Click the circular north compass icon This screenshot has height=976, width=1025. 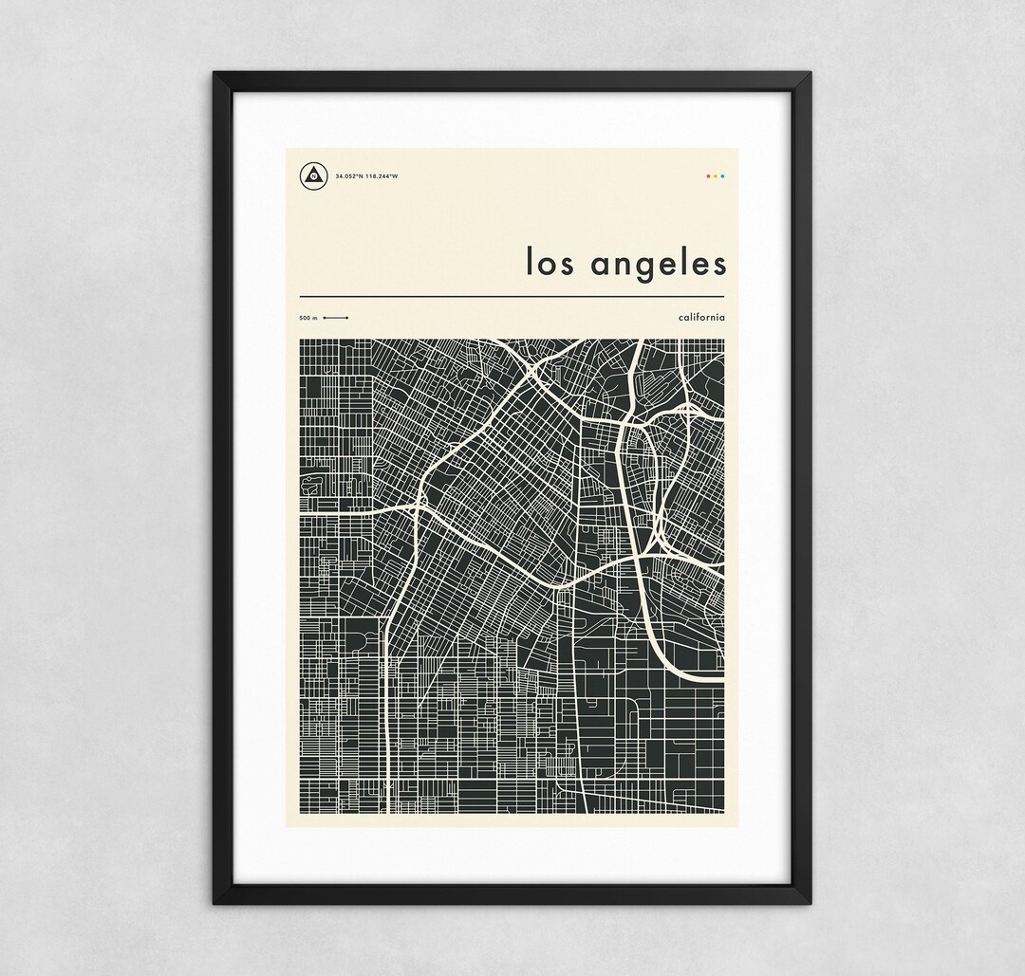pos(312,175)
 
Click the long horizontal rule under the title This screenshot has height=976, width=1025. pos(512,297)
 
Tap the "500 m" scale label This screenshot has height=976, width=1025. pos(307,317)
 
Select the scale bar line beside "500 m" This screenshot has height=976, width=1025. pos(335,317)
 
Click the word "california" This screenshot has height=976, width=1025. pos(701,316)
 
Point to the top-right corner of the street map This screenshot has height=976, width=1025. pos(723,340)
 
